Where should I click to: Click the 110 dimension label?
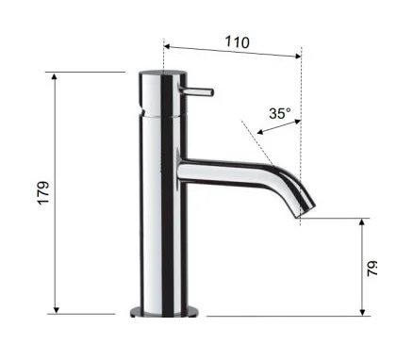pyautogui.click(x=238, y=42)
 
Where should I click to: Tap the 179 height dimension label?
pyautogui.click(x=43, y=193)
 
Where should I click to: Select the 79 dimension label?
pyautogui.click(x=372, y=269)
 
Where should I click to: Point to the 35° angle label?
pyautogui.click(x=280, y=113)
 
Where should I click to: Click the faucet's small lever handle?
pyautogui.click(x=196, y=91)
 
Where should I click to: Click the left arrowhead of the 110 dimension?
pyautogui.click(x=167, y=47)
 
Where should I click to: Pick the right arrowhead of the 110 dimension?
pyautogui.click(x=298, y=57)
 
